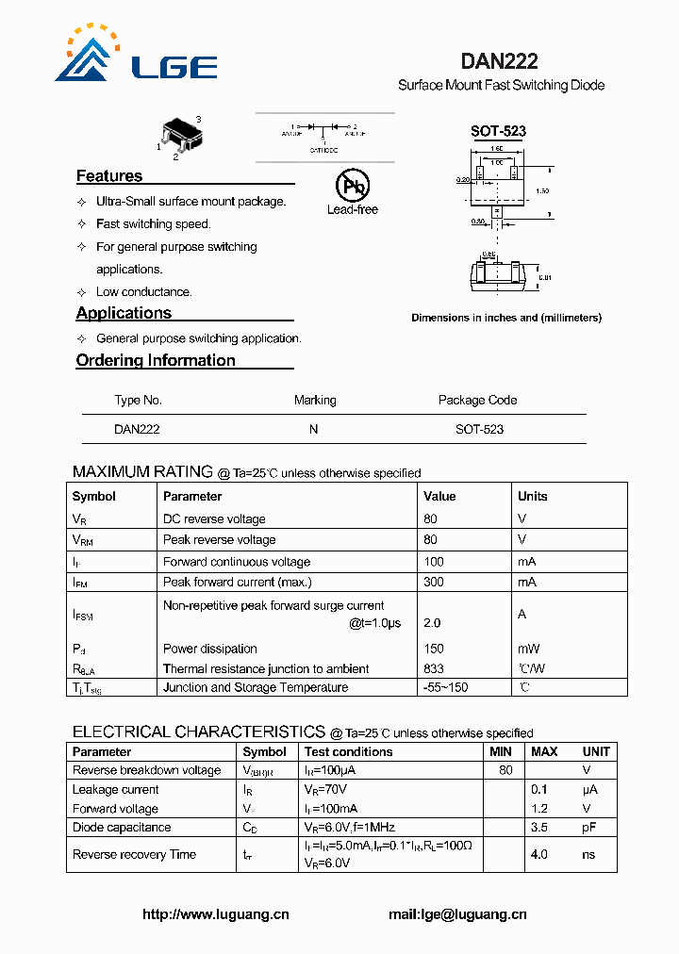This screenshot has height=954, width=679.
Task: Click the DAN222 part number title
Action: [499, 61]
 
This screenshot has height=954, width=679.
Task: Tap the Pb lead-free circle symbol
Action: [353, 186]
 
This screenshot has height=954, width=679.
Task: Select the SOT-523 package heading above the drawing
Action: [498, 132]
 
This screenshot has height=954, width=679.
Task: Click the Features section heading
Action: [109, 176]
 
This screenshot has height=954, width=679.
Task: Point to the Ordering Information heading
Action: [156, 360]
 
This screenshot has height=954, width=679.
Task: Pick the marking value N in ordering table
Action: [314, 429]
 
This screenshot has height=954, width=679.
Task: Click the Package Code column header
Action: [477, 400]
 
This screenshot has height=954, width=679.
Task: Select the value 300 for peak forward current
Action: [434, 583]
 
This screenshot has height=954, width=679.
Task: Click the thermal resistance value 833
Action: [434, 668]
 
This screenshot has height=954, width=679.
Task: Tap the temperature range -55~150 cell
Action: [445, 687]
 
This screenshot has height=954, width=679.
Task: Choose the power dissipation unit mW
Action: [528, 649]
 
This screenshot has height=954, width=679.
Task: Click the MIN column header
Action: [501, 751]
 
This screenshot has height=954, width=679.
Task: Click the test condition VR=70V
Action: [325, 789]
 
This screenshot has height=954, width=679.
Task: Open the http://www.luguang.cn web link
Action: [215, 913]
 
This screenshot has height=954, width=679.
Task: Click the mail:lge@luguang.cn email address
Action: [457, 913]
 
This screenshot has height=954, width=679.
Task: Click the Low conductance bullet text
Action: [143, 292]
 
